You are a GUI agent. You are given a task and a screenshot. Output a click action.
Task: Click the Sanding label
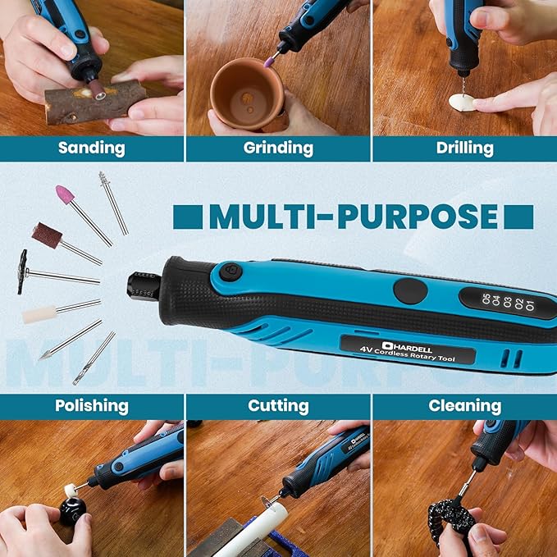[x=91, y=148]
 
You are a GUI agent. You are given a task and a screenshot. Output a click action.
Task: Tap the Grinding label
[x=278, y=148]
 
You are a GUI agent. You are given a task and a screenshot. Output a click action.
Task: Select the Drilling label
[x=465, y=148]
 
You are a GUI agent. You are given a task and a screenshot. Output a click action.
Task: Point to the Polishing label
[x=91, y=405]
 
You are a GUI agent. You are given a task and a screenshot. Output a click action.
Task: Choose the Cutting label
[x=278, y=405]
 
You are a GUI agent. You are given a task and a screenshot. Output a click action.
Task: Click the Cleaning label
[x=464, y=405]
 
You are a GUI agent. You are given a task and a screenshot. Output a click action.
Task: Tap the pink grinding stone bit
[x=64, y=194]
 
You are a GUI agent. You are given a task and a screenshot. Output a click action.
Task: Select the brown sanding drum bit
[x=47, y=235]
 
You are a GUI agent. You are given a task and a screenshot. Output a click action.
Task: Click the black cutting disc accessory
[x=22, y=272]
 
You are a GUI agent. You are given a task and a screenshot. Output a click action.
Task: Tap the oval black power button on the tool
[x=409, y=290]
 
